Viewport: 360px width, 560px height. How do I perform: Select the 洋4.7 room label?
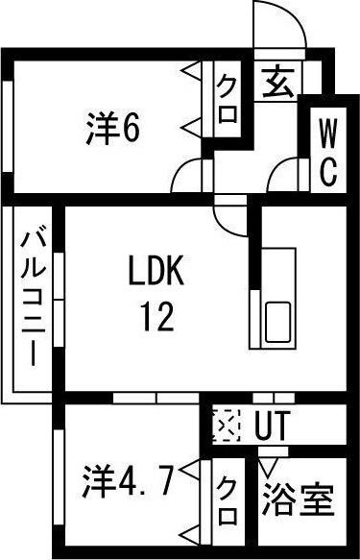(x=126, y=475)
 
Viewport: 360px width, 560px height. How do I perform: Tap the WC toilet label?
(x=327, y=154)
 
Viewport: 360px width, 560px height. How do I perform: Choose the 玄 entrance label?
(x=278, y=85)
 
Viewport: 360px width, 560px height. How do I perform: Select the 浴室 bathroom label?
(x=298, y=500)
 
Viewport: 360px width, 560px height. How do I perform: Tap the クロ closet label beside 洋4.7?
(x=228, y=503)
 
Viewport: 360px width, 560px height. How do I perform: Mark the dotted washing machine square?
(x=226, y=425)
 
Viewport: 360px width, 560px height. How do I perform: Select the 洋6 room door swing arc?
(x=191, y=176)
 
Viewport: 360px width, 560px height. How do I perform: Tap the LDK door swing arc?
(x=231, y=215)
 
